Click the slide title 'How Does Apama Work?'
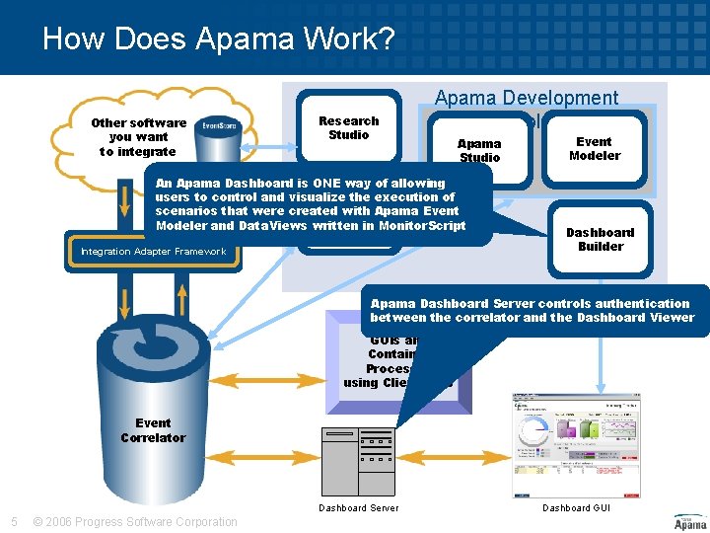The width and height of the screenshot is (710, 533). click(x=218, y=39)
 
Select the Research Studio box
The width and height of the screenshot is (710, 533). click(x=348, y=127)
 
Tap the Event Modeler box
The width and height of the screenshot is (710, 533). click(x=595, y=148)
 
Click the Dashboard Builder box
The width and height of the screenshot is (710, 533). click(x=600, y=239)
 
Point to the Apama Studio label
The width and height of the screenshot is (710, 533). click(x=479, y=150)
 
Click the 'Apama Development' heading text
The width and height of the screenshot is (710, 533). click(x=527, y=98)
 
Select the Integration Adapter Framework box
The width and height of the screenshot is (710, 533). click(x=153, y=252)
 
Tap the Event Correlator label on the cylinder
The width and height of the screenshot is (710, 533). click(x=153, y=430)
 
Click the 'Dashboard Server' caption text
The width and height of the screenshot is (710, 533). click(x=359, y=508)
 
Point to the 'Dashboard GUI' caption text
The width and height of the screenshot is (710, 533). click(x=577, y=508)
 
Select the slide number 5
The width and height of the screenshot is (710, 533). click(x=13, y=522)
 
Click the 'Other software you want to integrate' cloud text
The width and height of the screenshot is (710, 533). click(x=138, y=137)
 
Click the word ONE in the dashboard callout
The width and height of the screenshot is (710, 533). click(x=328, y=183)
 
